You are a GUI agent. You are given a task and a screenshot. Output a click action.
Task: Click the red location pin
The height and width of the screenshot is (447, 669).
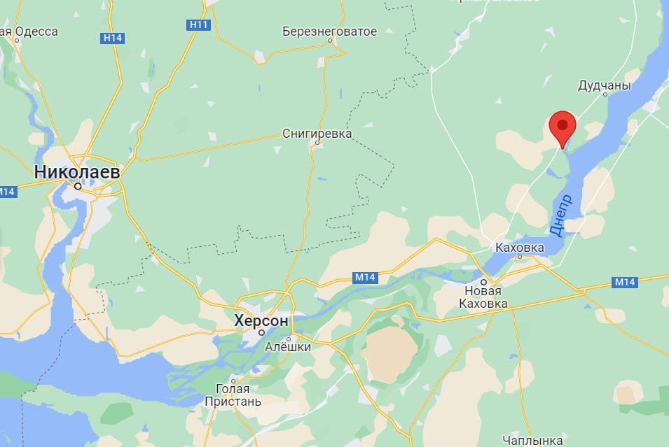click(x=562, y=127)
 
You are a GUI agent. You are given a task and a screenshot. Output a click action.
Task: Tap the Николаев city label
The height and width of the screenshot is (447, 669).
click(x=77, y=171)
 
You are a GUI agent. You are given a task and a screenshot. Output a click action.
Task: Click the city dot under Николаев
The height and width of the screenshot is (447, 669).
click(x=78, y=186)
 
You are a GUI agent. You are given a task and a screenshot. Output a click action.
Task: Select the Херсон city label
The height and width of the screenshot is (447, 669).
click(x=261, y=321)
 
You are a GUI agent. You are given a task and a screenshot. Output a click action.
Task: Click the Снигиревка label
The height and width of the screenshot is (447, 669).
click(x=317, y=133)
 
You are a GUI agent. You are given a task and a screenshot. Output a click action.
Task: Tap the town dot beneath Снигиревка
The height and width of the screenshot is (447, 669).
click(x=317, y=143)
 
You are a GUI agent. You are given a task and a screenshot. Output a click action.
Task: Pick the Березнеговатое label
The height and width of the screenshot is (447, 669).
click(x=329, y=31)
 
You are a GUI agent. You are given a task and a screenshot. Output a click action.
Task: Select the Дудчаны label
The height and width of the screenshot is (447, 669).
click(x=604, y=85)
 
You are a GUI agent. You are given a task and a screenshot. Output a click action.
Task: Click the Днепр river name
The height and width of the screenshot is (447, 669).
click(x=561, y=215)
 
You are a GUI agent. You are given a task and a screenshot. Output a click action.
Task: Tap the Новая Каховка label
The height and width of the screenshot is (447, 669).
click(x=483, y=297)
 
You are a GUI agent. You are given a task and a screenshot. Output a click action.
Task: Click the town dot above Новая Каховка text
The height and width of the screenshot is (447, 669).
click(x=483, y=282)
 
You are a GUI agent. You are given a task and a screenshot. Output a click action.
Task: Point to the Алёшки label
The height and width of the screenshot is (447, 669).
click(x=288, y=346)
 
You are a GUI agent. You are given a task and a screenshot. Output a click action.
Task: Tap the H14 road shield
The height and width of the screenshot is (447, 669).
click(x=113, y=38)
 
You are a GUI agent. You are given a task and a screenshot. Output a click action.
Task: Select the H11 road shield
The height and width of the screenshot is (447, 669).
click(x=200, y=25)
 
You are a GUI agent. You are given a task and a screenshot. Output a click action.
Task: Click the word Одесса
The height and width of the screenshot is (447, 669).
click(x=36, y=31)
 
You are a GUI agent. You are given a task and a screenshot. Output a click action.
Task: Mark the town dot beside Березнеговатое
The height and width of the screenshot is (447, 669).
click(x=330, y=41)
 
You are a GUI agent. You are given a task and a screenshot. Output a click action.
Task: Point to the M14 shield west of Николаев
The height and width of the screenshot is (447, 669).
click(x=7, y=192)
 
